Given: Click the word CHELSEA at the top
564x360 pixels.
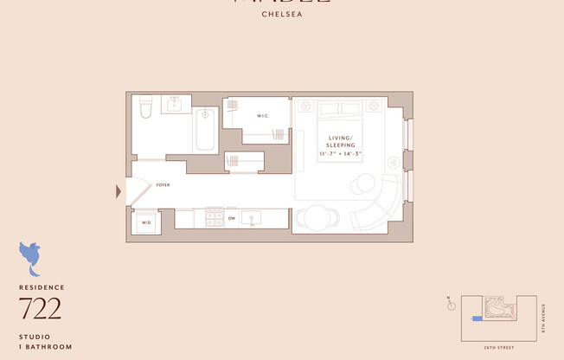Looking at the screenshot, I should pyautogui.click(x=281, y=14).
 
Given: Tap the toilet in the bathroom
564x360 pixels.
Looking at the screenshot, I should pyautogui.click(x=145, y=106).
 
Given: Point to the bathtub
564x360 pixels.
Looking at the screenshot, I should pyautogui.click(x=205, y=130).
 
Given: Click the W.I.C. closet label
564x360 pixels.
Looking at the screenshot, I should pyautogui.click(x=264, y=116).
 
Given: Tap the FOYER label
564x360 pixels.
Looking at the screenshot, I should pyautogui.click(x=163, y=185).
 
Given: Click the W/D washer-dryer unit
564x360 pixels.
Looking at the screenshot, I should pyautogui.click(x=144, y=222).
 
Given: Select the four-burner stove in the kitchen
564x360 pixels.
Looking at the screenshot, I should pyautogui.click(x=215, y=218).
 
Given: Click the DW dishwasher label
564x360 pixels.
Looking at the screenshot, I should pyautogui.click(x=232, y=219).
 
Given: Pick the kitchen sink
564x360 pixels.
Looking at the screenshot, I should pyautogui.click(x=253, y=218).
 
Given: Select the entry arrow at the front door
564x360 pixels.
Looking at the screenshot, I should pyautogui.click(x=119, y=191).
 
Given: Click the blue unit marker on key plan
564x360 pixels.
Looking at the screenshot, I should pyautogui.click(x=476, y=318).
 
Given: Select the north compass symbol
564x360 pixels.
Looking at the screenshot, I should pyautogui.click(x=450, y=304).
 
